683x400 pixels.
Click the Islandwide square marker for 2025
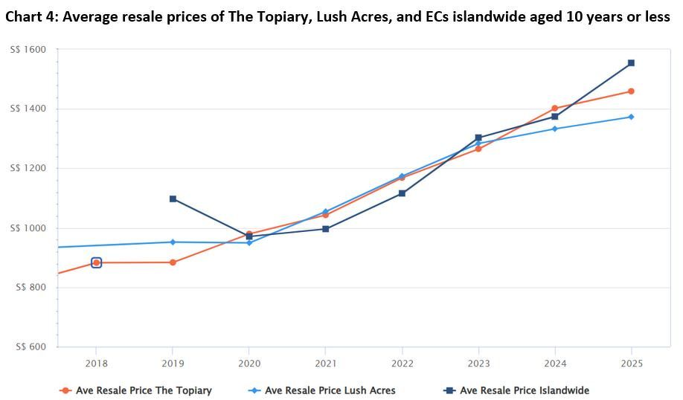tap(631, 63)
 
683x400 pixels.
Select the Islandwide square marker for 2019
tap(173, 199)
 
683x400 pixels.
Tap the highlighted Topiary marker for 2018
tap(96, 262)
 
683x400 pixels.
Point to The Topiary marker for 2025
tap(631, 91)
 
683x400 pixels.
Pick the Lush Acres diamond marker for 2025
tap(631, 117)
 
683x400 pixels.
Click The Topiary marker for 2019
tap(173, 262)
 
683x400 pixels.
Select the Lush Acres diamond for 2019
tap(173, 242)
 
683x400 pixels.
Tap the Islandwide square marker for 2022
tap(402, 193)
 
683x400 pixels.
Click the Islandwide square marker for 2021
tap(325, 229)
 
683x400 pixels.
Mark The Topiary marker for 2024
tap(554, 109)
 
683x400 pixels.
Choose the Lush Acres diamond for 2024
tap(554, 129)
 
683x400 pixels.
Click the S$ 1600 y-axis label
tap(28, 50)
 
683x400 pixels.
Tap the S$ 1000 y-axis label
tap(28, 228)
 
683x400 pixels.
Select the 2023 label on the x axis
tap(478, 364)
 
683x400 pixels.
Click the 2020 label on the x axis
tap(249, 364)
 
